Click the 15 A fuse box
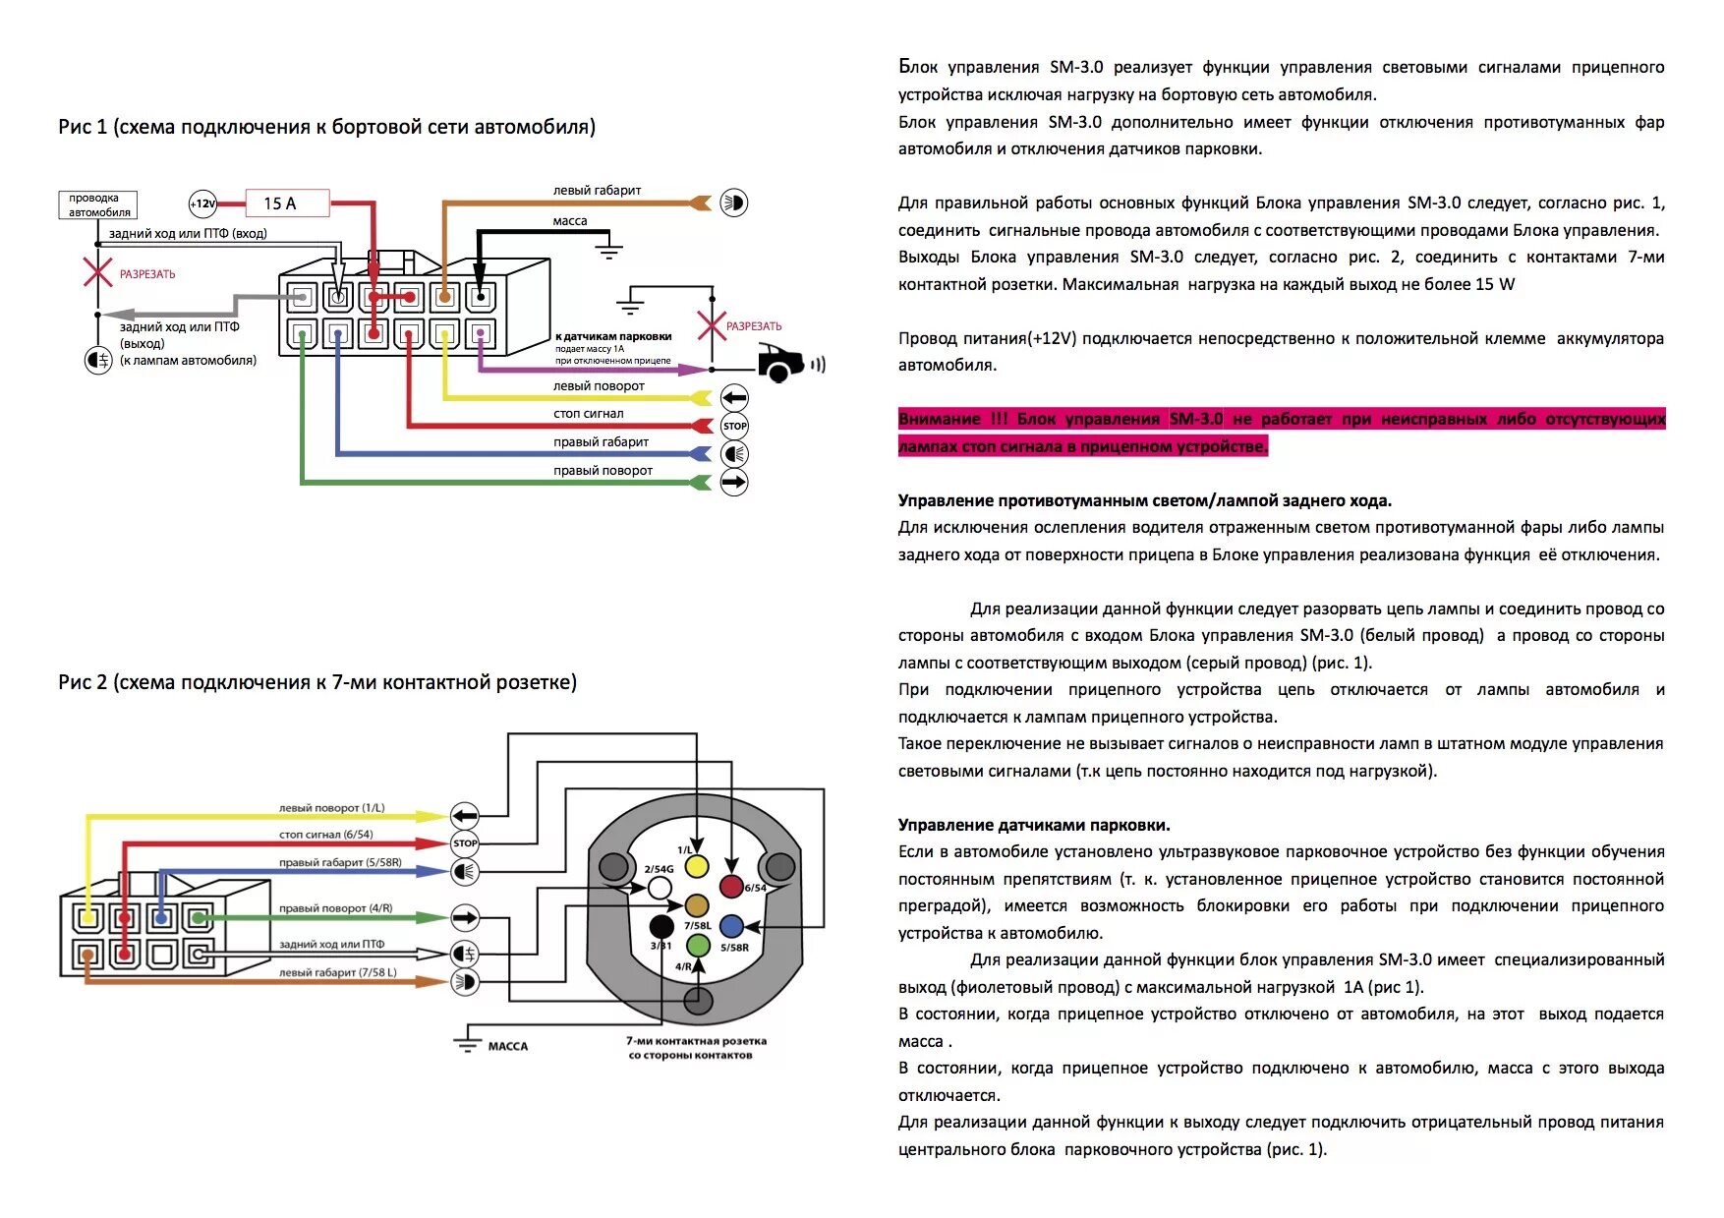click(x=286, y=203)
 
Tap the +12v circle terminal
click(x=202, y=203)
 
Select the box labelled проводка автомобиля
click(x=96, y=204)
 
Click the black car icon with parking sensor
click(x=783, y=364)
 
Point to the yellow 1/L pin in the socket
click(x=697, y=866)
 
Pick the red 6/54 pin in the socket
click(x=731, y=887)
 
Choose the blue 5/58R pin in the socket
click(x=731, y=926)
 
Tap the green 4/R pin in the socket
click(x=698, y=946)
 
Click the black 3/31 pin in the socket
click(x=662, y=926)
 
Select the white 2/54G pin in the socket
click(x=661, y=888)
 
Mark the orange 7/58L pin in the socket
click(x=697, y=905)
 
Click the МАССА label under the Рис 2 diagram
click(x=508, y=1046)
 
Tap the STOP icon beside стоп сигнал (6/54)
click(x=465, y=843)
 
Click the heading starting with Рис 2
click(x=317, y=682)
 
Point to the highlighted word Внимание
click(x=939, y=419)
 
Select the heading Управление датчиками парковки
click(x=1034, y=825)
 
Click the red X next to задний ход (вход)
click(x=97, y=271)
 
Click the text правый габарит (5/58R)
click(x=340, y=862)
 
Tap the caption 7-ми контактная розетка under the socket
click(x=696, y=1041)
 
